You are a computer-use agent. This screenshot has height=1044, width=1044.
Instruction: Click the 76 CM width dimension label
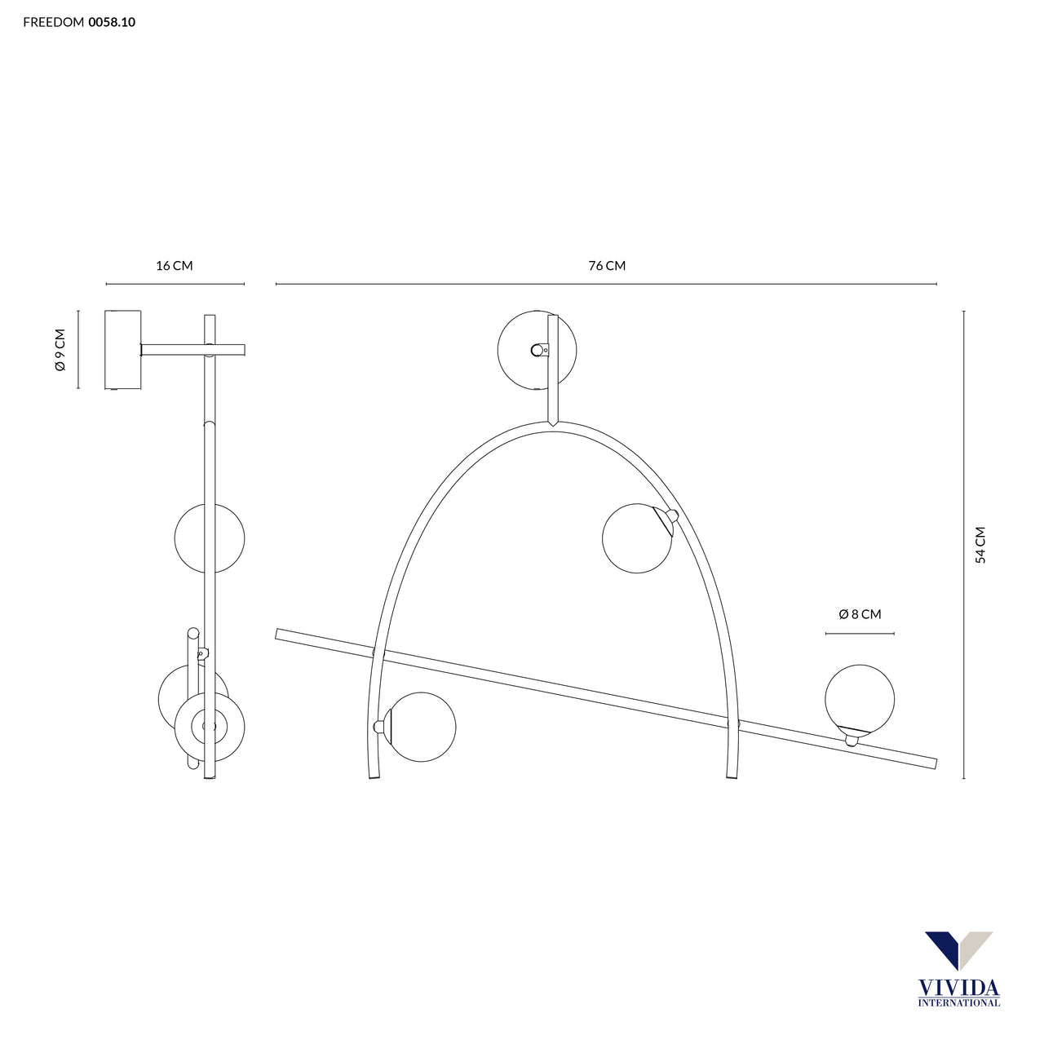tap(607, 265)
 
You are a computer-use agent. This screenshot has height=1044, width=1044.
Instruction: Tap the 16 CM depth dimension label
tap(175, 265)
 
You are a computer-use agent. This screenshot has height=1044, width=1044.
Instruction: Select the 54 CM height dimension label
tap(980, 545)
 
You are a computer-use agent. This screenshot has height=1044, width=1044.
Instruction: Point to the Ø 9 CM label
tap(60, 349)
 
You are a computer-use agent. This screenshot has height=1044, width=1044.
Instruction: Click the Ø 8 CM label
tap(860, 614)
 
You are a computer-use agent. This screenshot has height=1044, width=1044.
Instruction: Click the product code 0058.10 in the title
tap(112, 22)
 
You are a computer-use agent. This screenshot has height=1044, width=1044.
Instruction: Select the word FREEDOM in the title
tap(54, 22)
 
